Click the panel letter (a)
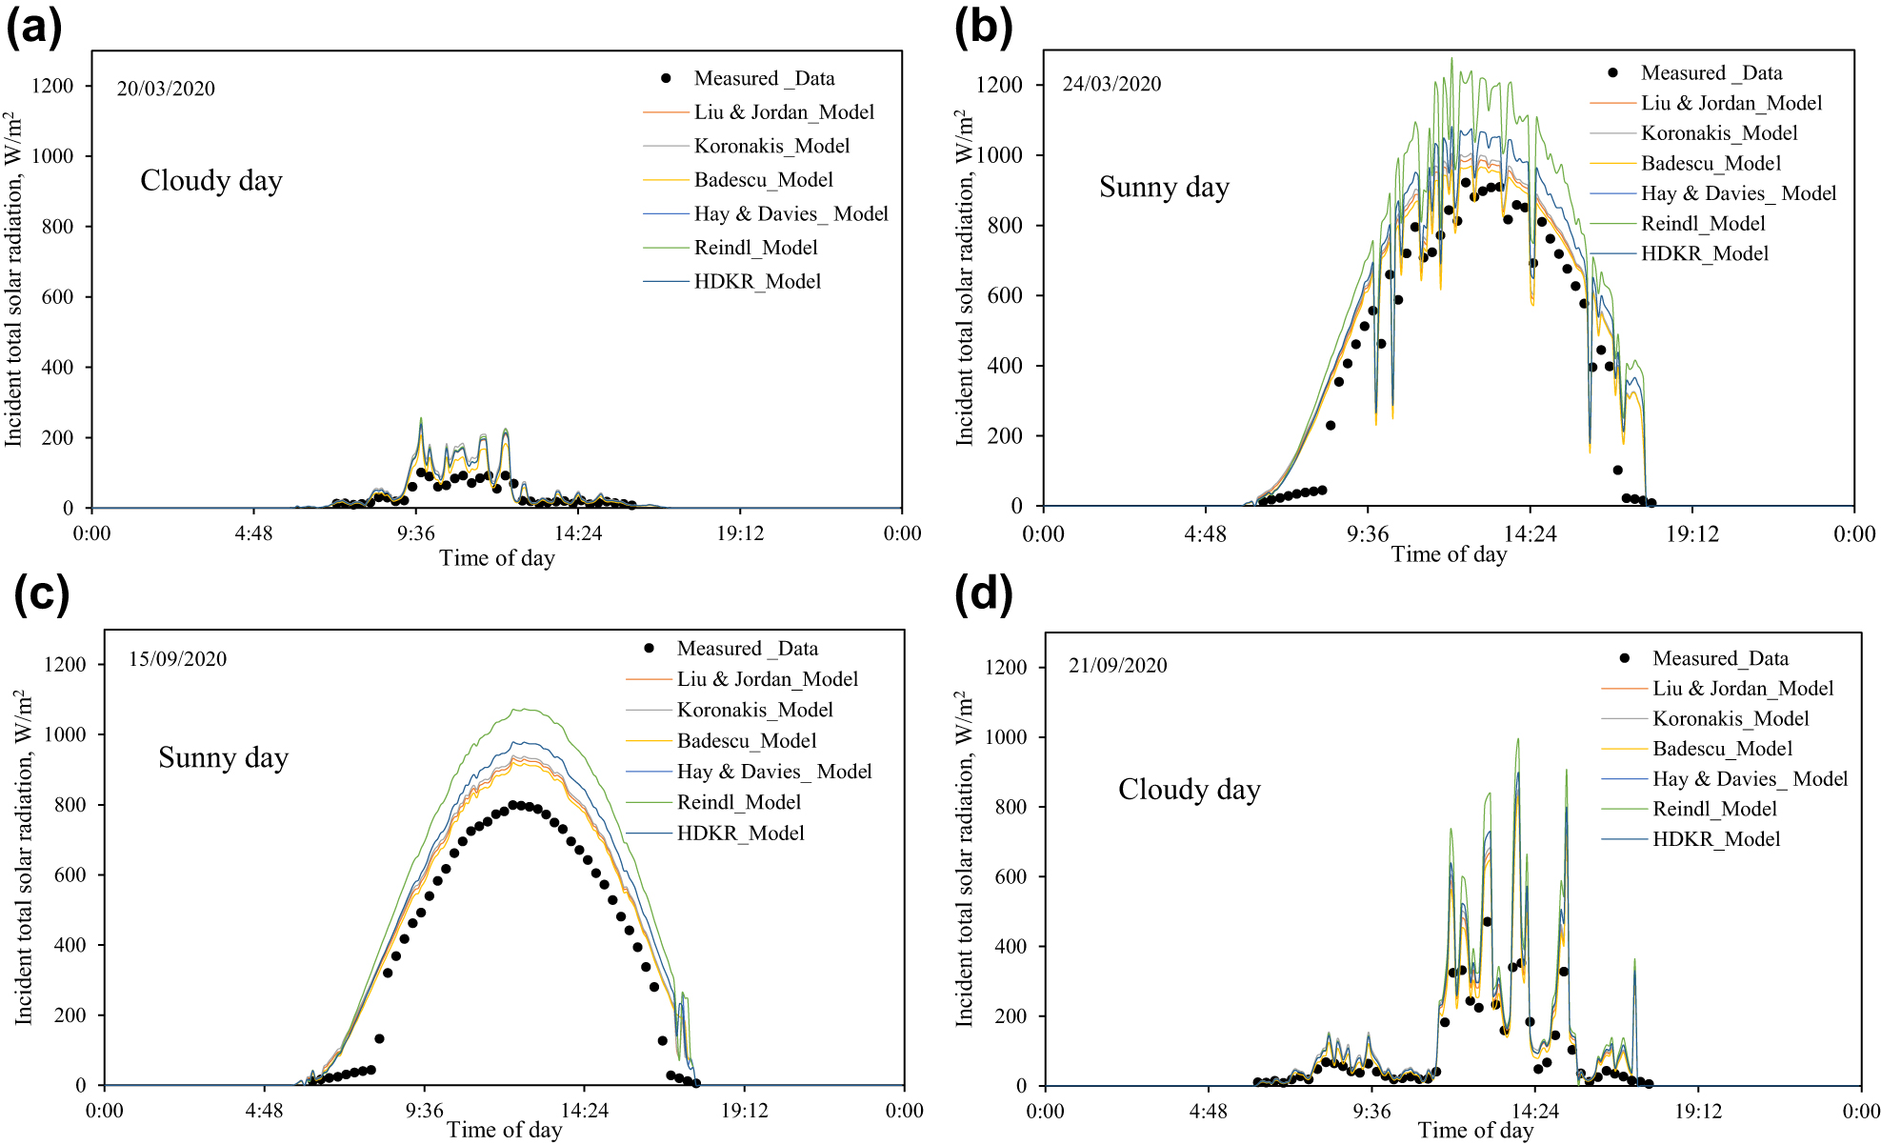pos(34,28)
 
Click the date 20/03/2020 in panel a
pos(166,89)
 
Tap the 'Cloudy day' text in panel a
pos(210,181)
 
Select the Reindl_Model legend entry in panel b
pos(1702,224)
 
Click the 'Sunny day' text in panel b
pos(1164,187)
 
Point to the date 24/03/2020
pos(1111,84)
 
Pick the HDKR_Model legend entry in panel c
pos(740,834)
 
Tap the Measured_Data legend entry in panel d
pos(1719,658)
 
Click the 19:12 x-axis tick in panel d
pos(1698,1111)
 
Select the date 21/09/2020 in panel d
pos(1117,666)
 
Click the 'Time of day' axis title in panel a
pos(496,558)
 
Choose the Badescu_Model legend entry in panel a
pos(763,180)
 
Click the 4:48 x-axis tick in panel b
pos(1205,534)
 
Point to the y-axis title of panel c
pos(24,857)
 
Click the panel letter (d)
pos(983,595)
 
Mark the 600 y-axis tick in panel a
pos(56,297)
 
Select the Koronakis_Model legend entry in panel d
pos(1730,719)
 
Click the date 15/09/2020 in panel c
pos(177,659)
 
